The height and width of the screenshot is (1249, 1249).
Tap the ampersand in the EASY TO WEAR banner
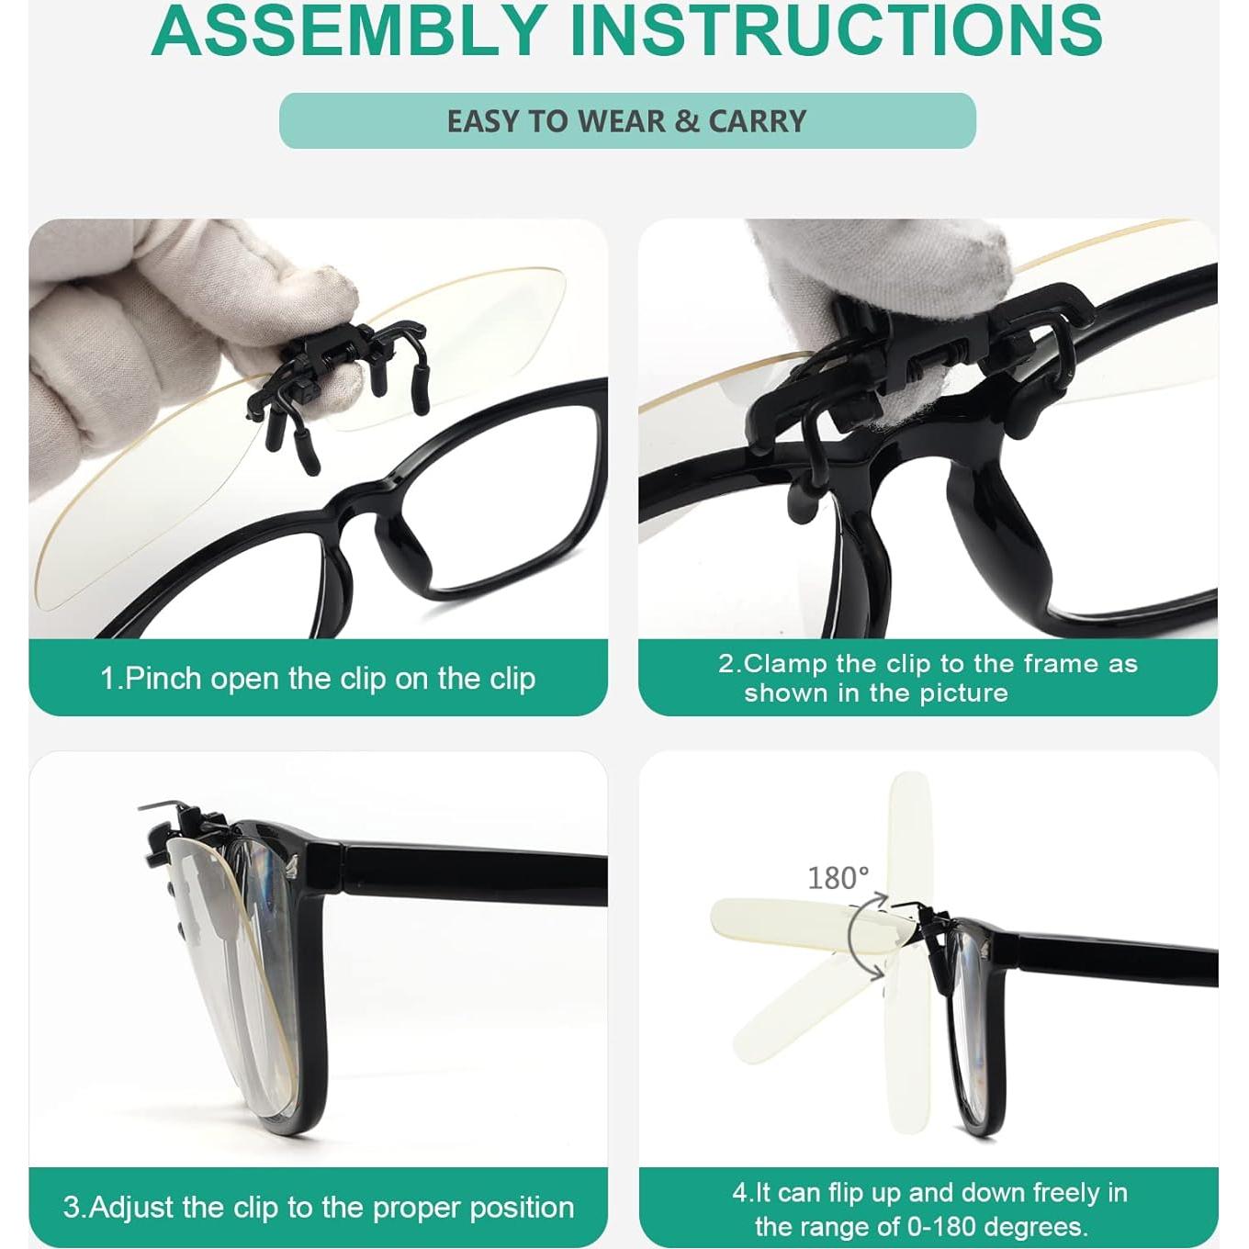point(686,121)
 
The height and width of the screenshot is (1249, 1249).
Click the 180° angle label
point(838,878)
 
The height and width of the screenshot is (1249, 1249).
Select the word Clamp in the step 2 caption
point(785,663)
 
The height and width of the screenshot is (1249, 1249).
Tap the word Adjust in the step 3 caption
point(132,1207)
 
